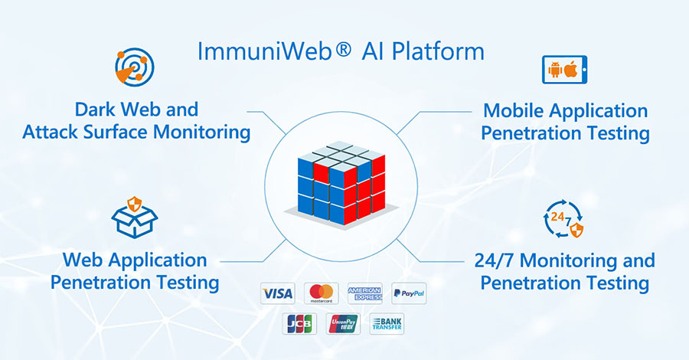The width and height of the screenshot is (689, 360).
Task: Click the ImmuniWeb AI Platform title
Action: pos(341,51)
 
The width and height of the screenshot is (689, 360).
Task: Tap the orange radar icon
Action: pos(135,68)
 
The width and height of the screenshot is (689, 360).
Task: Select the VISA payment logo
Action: pos(277,293)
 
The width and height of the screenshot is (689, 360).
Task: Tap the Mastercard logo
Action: pos(321,293)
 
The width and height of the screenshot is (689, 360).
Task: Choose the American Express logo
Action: pos(364,293)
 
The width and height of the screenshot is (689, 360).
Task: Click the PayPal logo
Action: pos(408,293)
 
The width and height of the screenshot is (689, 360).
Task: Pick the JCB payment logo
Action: pos(299,324)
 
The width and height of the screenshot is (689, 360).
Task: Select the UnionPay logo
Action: pos(343,324)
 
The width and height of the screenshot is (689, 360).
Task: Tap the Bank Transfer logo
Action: pos(387,324)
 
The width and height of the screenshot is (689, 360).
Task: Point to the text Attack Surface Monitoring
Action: pos(136,132)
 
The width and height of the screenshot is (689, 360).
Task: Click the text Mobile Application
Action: pos(565,110)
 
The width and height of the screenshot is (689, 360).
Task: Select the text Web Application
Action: pos(135,260)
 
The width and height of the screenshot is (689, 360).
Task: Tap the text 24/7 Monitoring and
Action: pos(565,260)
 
